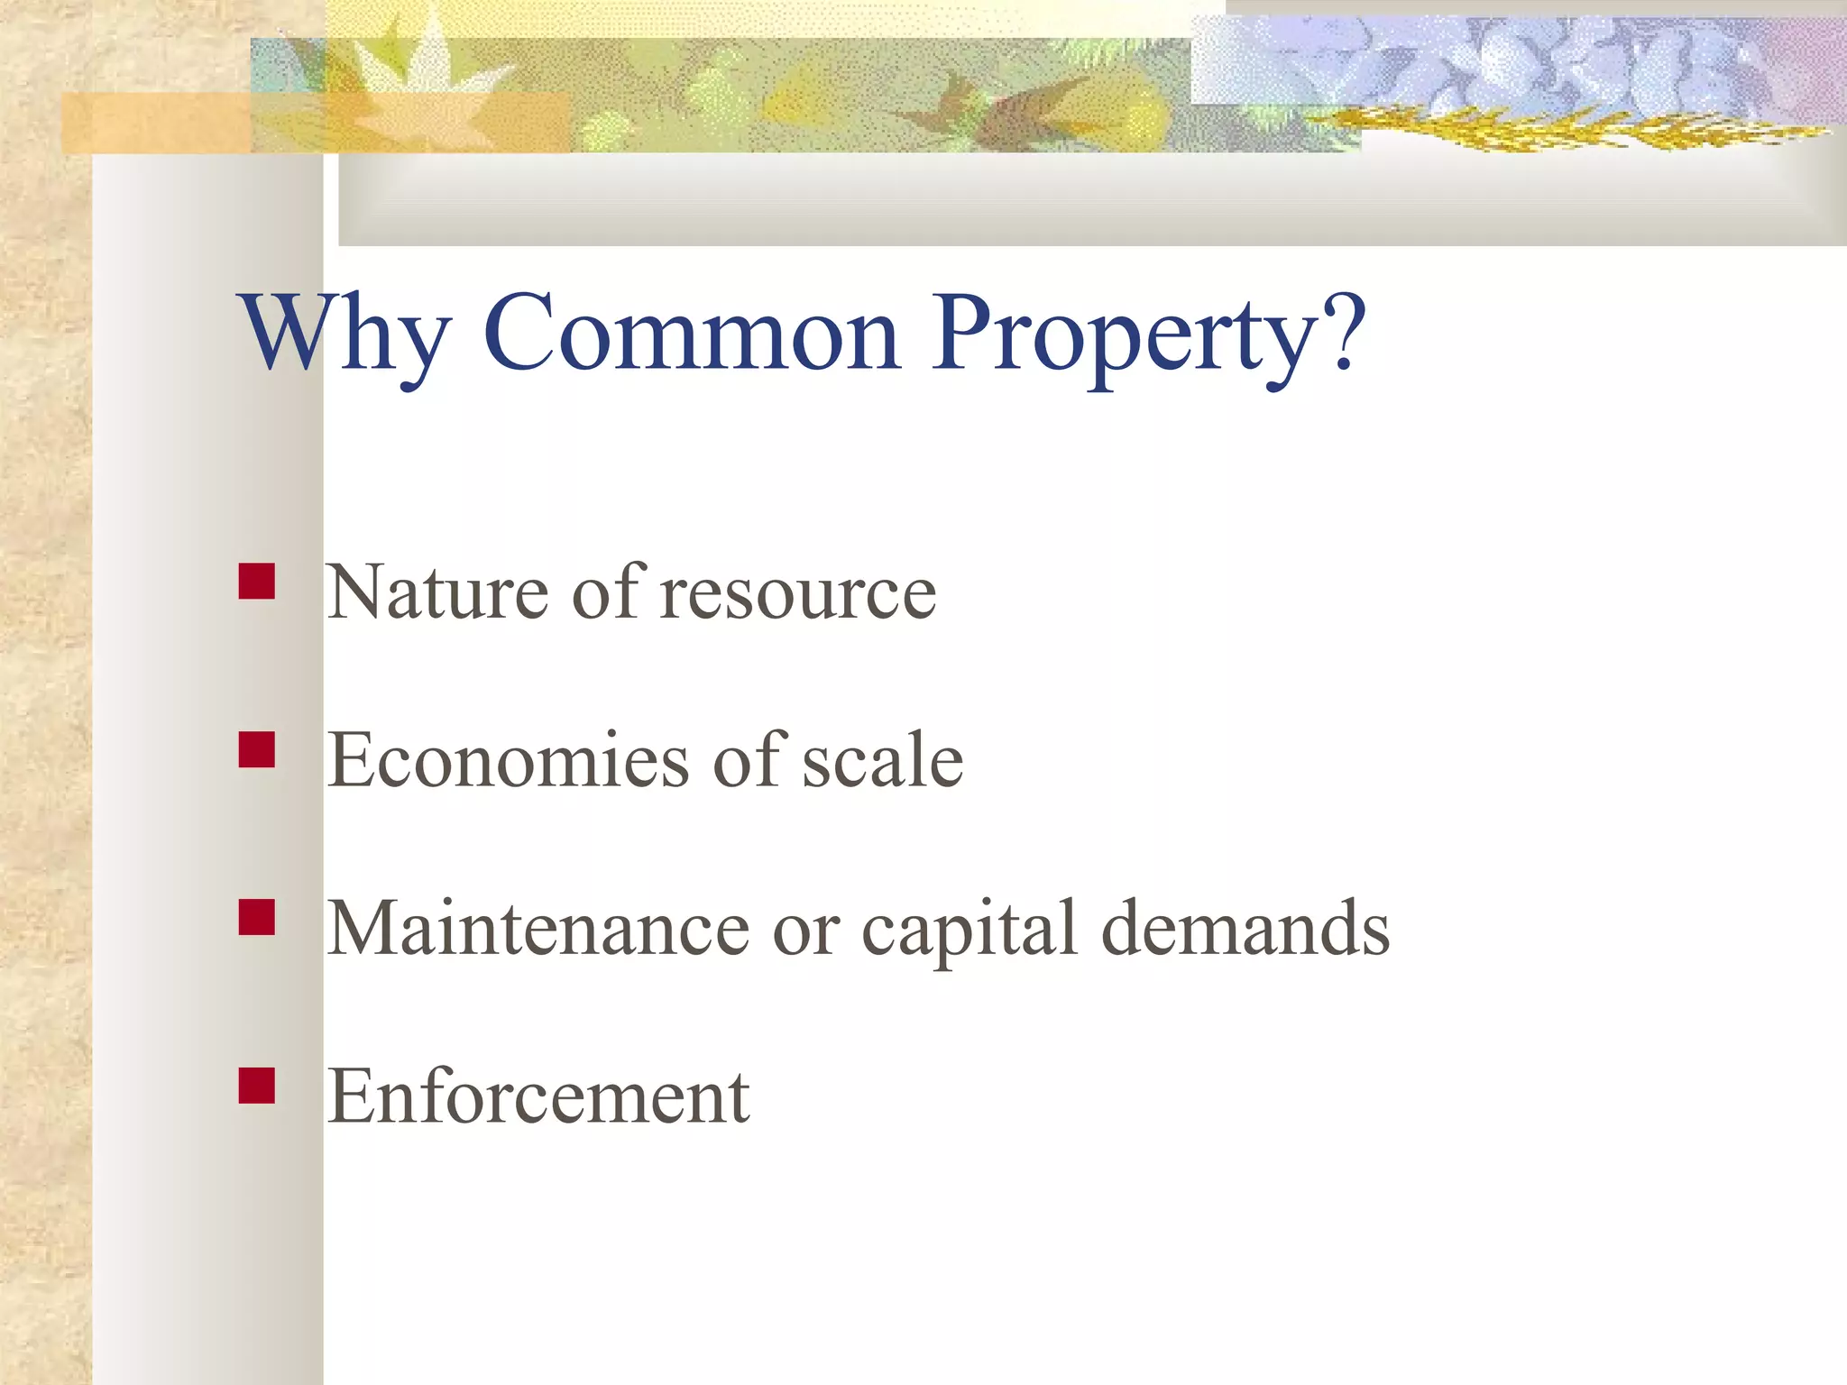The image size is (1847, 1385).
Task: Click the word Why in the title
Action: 343,334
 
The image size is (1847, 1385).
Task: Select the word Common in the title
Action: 692,334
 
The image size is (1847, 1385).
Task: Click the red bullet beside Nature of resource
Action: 257,582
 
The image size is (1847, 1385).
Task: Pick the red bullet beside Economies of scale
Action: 257,749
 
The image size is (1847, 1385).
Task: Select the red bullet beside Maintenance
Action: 257,917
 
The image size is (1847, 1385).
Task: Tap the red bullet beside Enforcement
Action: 257,1086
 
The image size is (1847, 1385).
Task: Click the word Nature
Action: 437,592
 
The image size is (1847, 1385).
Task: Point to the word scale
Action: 883,760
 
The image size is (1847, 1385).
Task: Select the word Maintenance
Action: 538,929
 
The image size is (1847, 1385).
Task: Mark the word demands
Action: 1245,929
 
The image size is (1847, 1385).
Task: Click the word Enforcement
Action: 538,1096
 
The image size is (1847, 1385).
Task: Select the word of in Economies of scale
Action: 747,760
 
